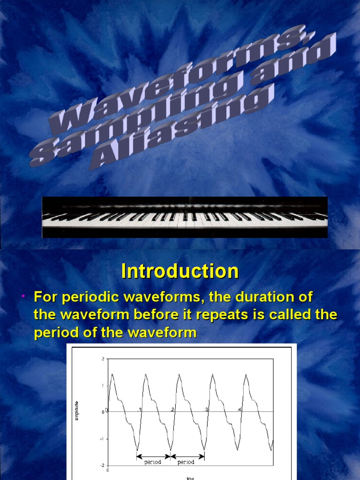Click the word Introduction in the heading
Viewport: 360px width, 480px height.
pos(180,271)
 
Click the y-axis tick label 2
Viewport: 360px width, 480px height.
pos(103,359)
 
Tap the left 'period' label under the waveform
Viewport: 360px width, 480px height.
pos(153,462)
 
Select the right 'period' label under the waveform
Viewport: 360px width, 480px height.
pos(187,462)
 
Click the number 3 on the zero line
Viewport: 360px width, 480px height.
pos(206,409)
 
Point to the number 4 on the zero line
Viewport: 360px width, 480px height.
pos(240,409)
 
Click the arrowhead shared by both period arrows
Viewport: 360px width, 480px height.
pos(171,456)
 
